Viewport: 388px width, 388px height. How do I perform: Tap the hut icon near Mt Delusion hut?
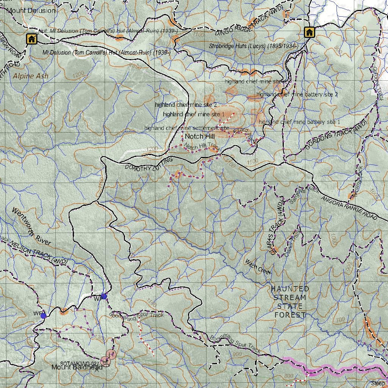point(31,39)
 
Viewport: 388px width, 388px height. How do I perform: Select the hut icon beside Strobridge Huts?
point(309,32)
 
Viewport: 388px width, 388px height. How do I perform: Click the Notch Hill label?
point(200,136)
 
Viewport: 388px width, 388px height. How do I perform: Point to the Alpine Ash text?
point(30,76)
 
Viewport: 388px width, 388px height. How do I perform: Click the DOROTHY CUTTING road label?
point(149,164)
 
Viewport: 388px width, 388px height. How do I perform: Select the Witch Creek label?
point(258,267)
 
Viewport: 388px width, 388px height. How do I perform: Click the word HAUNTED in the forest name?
point(290,289)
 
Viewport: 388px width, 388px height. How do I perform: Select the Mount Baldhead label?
point(77,367)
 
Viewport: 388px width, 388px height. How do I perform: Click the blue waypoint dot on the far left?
point(44,315)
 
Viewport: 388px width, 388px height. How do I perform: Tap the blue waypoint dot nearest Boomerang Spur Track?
point(104,296)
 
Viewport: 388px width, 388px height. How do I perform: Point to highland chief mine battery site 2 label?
point(297,94)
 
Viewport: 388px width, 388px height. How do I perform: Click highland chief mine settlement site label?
point(186,128)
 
